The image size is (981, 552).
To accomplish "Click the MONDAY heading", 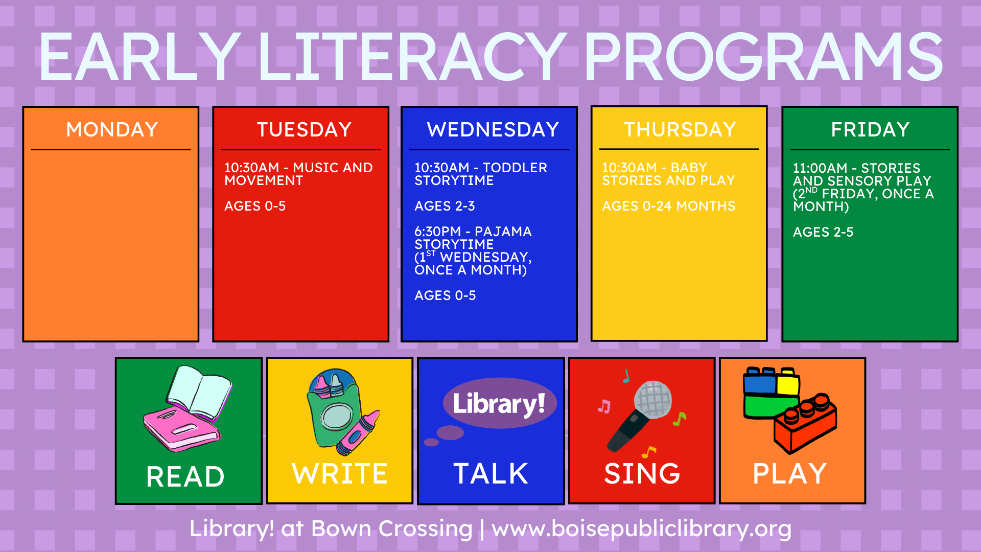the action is point(112,130).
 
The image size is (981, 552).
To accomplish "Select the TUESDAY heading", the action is point(304,130).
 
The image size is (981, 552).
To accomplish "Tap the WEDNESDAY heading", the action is point(493,130).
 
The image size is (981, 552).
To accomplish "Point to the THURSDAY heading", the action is point(680,130).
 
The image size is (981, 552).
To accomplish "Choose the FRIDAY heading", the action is point(870,130).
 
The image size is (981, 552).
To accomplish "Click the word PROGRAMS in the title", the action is point(764,57).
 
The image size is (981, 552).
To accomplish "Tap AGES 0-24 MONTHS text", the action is point(668,206).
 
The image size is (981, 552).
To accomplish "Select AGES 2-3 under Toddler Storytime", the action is point(445,206).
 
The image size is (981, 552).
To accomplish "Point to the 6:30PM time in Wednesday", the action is point(437,232).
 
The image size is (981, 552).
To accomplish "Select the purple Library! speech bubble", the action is point(499,403).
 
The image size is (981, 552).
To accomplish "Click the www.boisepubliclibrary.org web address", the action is point(642,529).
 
